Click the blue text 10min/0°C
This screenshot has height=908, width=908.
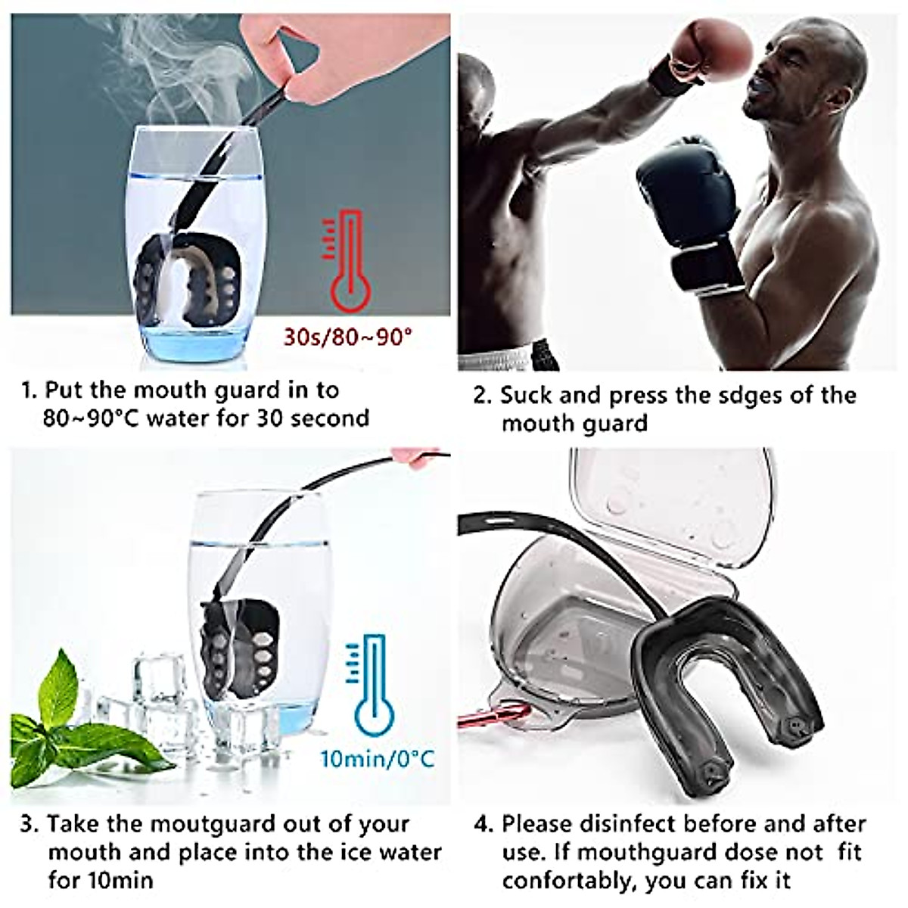(x=378, y=757)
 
